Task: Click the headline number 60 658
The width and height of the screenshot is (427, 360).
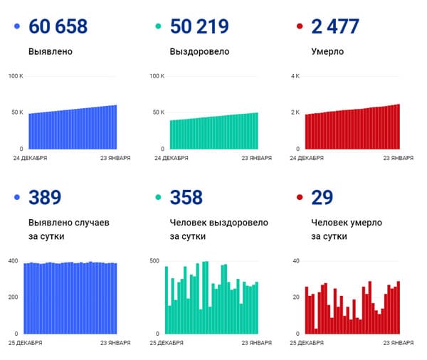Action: (x=58, y=27)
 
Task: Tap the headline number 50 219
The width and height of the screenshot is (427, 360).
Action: (x=199, y=27)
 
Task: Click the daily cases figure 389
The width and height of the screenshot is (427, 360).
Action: (x=44, y=197)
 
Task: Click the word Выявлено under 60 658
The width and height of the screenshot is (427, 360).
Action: (x=50, y=52)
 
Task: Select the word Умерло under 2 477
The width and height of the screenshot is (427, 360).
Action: (x=328, y=52)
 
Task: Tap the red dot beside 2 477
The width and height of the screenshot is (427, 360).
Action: (x=300, y=28)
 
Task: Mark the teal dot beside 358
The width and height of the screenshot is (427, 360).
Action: (x=158, y=198)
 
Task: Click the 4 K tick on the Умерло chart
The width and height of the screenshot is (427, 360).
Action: (x=296, y=75)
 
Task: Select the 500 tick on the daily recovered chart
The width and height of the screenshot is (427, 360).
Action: (x=154, y=261)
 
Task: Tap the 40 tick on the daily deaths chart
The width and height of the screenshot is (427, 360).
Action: (x=296, y=261)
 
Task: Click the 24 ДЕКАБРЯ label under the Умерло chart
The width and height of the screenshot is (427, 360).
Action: (x=307, y=159)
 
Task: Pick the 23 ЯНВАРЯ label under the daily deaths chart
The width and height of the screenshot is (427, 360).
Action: (x=397, y=344)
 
